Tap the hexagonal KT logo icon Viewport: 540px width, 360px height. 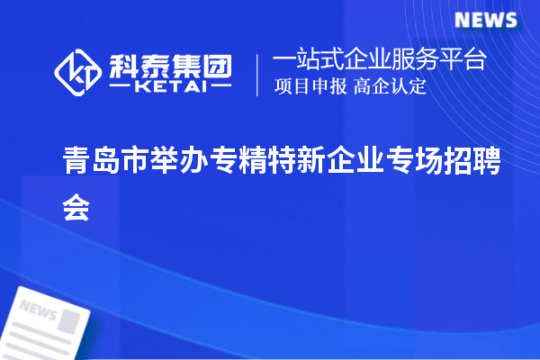coord(78,74)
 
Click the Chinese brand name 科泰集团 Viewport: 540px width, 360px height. coord(170,65)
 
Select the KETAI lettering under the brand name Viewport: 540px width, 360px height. coord(170,87)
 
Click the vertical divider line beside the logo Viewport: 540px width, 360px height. coord(257,74)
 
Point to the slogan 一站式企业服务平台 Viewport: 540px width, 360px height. coord(380,60)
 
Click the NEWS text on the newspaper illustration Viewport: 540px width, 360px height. coord(37,311)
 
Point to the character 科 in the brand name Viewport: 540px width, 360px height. coord(123,65)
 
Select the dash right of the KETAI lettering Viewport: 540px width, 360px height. coord(219,88)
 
